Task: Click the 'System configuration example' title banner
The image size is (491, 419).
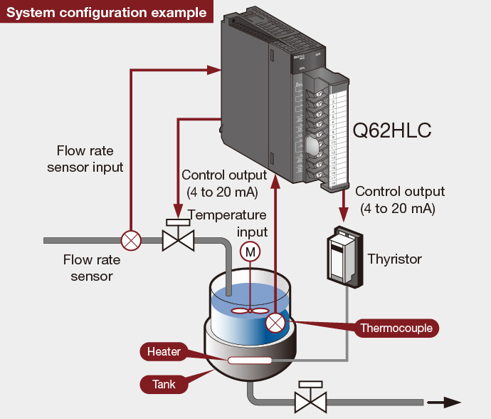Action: (x=107, y=12)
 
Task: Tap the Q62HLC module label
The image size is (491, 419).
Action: (x=392, y=131)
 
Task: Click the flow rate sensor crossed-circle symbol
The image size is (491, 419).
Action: (x=131, y=240)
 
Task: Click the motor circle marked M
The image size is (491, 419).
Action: (x=250, y=251)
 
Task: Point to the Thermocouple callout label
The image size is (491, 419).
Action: (x=396, y=328)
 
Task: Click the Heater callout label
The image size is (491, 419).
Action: (x=164, y=351)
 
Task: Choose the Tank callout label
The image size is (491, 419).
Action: (x=164, y=385)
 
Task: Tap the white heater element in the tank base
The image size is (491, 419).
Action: (x=250, y=361)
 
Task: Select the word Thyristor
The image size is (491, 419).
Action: (x=394, y=259)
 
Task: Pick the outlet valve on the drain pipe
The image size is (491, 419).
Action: (x=310, y=398)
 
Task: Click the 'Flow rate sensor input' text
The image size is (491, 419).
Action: (x=85, y=159)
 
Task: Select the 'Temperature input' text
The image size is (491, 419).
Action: (x=227, y=223)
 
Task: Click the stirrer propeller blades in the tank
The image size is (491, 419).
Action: (x=250, y=311)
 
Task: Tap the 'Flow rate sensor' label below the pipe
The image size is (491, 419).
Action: (x=88, y=267)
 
